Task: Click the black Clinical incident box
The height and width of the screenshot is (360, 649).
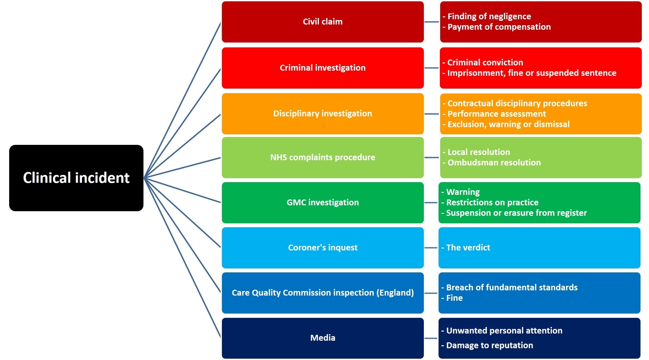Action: (76, 178)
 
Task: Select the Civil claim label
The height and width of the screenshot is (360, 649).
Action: (323, 22)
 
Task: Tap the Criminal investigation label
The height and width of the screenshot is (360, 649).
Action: (323, 68)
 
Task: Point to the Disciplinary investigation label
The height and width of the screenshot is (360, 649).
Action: (323, 113)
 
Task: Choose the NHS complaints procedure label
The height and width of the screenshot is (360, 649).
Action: (323, 157)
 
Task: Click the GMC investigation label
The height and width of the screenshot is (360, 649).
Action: (323, 202)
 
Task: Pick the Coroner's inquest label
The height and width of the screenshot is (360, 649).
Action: (323, 248)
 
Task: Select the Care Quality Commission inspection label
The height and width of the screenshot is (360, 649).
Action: (323, 293)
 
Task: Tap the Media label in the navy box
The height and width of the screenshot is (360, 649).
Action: (323, 338)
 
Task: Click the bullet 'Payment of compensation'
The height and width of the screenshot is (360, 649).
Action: (499, 27)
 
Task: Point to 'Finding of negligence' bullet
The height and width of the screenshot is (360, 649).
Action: (489, 16)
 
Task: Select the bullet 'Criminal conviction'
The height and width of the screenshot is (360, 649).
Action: (485, 62)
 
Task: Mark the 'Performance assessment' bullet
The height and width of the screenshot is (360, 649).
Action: (496, 114)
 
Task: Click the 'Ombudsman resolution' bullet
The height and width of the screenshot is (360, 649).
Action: (494, 163)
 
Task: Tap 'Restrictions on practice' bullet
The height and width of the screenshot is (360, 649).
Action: (492, 202)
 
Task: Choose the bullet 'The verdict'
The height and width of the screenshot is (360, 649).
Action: (468, 248)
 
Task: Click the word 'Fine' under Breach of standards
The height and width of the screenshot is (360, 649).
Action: (454, 298)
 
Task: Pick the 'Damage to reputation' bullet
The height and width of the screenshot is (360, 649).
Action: (489, 345)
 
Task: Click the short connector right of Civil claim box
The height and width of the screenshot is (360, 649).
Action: (431, 22)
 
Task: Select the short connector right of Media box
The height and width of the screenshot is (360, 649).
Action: (431, 338)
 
